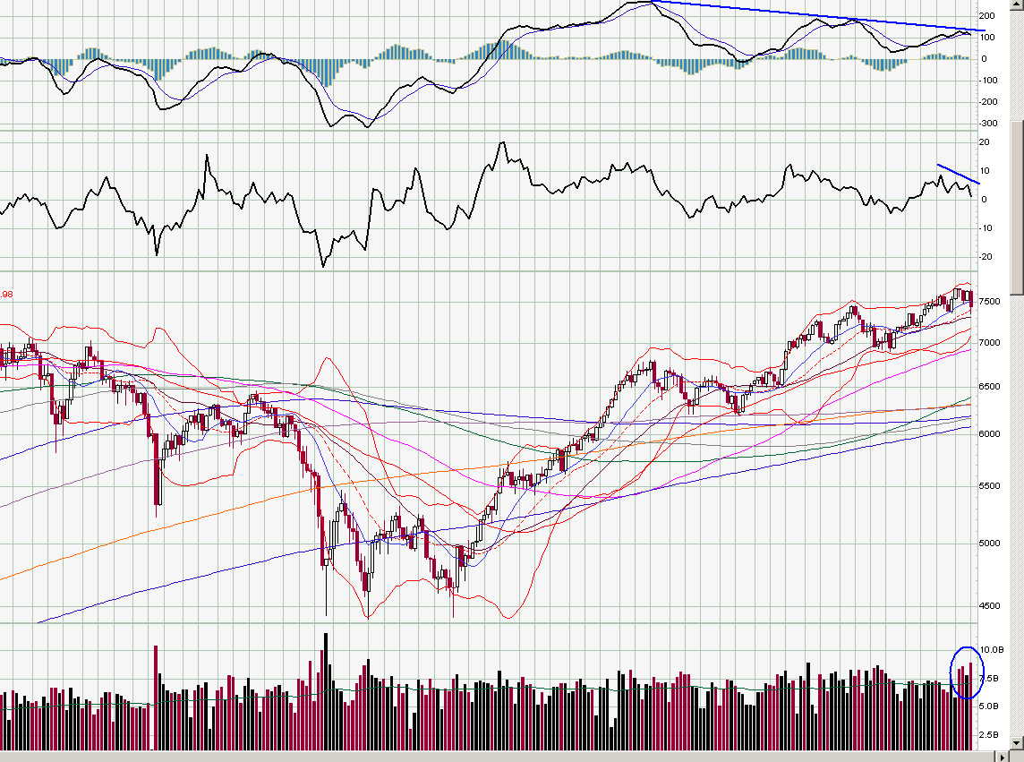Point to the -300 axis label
pyautogui.click(x=988, y=123)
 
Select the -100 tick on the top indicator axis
pyautogui.click(x=988, y=81)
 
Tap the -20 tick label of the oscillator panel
pyautogui.click(x=986, y=257)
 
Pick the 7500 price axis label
pyautogui.click(x=991, y=302)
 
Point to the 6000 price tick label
pyautogui.click(x=991, y=434)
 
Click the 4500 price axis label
pyautogui.click(x=991, y=606)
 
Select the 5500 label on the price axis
pyautogui.click(x=991, y=486)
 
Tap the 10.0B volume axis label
pyautogui.click(x=992, y=649)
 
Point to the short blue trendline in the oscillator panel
pyautogui.click(x=959, y=174)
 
